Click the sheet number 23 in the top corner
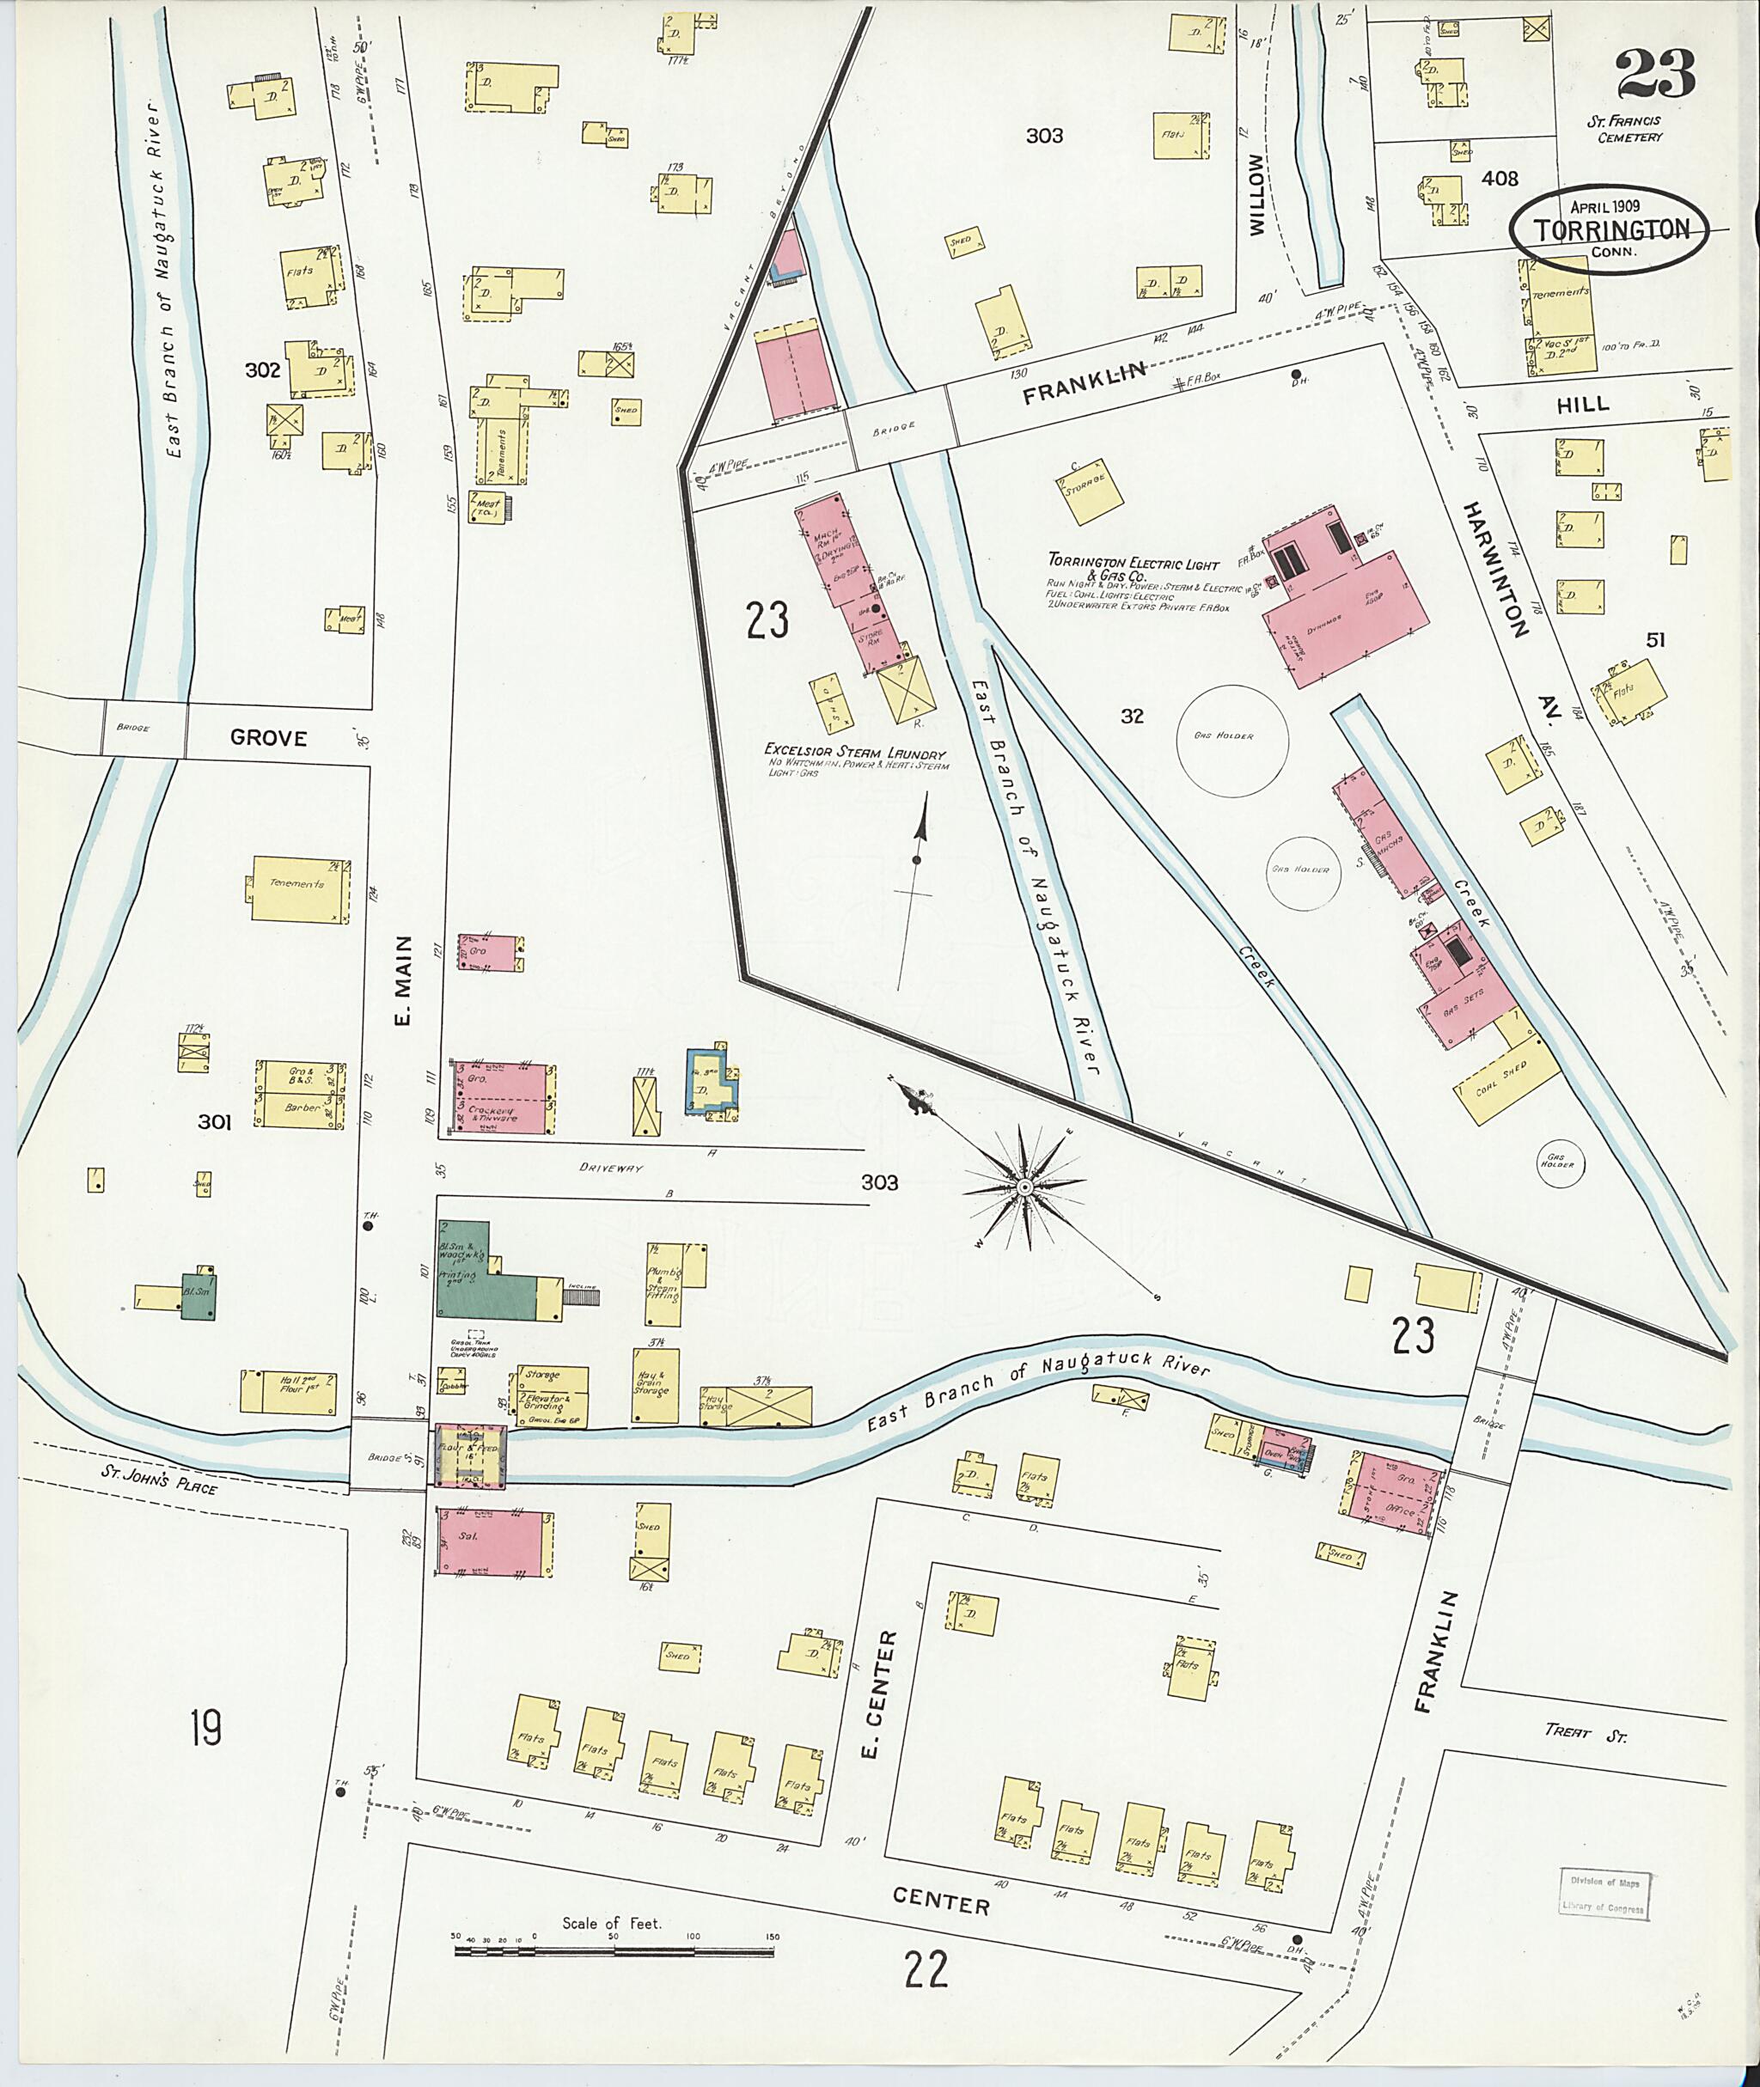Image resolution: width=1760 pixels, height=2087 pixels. pos(1655,75)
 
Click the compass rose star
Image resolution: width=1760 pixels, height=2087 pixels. pos(1024,1187)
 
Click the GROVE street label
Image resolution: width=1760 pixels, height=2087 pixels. pos(268,737)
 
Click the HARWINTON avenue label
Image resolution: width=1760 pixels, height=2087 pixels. pos(1496,570)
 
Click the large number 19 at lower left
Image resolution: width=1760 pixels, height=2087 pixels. pos(205,1727)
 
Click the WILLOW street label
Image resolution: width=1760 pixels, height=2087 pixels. pos(1256,193)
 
